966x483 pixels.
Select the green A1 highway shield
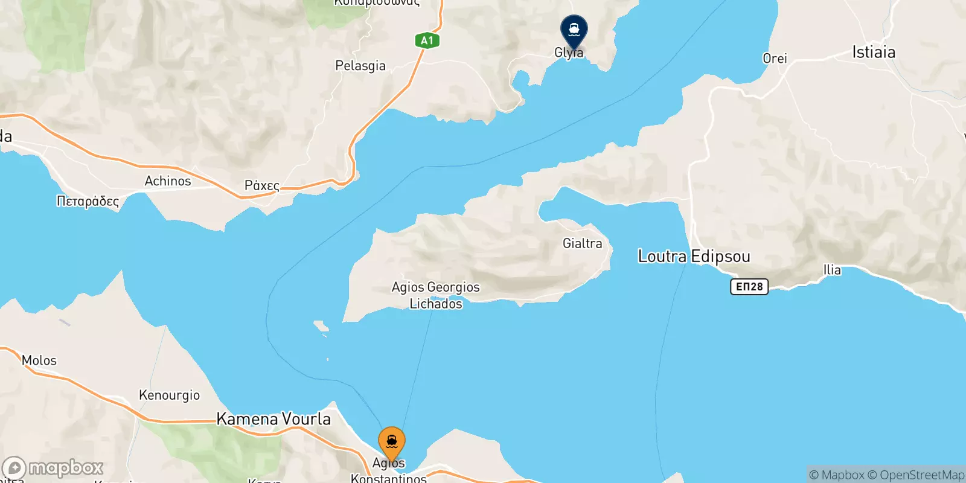427,40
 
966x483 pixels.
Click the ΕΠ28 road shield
749,287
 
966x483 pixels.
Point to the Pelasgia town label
360,65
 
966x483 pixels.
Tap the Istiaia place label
873,53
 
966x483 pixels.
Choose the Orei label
775,59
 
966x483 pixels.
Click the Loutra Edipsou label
694,256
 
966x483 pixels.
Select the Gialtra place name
582,243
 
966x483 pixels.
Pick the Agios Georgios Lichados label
436,295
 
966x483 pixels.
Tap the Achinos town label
168,181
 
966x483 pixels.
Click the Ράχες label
261,185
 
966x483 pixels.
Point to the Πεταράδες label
88,201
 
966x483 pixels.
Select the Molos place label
39,360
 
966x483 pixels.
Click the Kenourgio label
169,395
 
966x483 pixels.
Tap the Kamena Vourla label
273,419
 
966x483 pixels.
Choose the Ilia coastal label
832,270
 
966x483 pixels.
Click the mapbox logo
53,468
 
